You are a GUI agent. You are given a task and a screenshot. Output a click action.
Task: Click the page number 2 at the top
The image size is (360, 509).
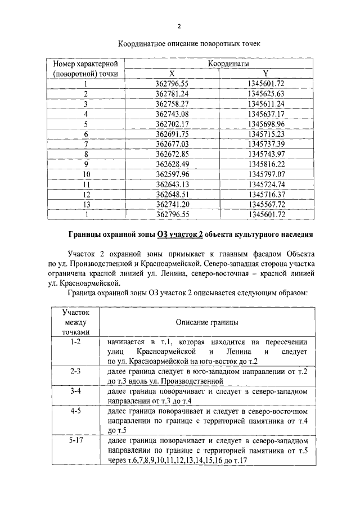tap(179, 26)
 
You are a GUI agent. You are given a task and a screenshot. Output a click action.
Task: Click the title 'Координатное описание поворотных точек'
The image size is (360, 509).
tap(179, 43)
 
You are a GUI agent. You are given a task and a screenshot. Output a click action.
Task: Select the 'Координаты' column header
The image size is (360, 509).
tap(228, 65)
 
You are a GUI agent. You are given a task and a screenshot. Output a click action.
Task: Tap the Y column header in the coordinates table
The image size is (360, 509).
tap(266, 74)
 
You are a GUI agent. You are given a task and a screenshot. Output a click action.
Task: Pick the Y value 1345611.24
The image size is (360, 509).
tap(266, 103)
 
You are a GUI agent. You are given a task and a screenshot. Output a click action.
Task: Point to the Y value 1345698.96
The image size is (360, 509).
tap(266, 124)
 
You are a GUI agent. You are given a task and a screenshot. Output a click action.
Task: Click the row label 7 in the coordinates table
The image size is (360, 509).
tap(86, 144)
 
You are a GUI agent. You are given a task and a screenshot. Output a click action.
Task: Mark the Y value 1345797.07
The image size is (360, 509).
tap(266, 174)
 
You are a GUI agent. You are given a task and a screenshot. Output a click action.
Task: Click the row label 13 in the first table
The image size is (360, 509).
tap(86, 204)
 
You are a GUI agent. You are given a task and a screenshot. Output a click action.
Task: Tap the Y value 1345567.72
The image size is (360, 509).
tap(266, 204)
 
